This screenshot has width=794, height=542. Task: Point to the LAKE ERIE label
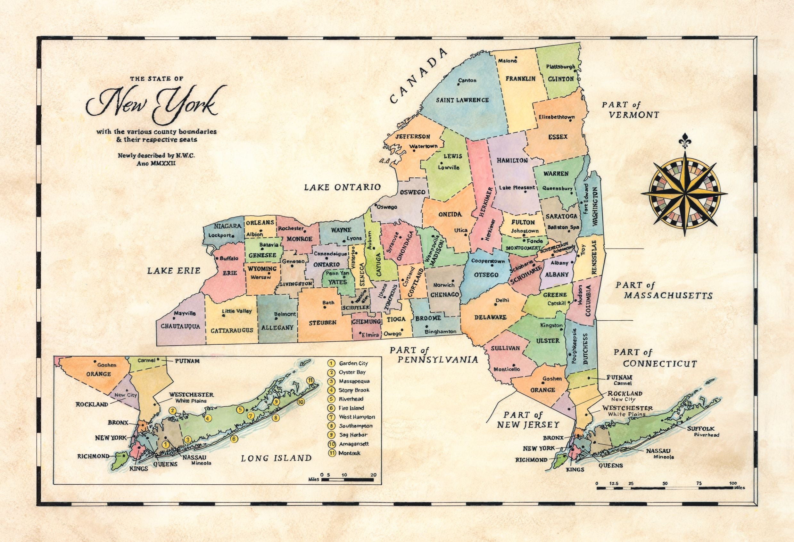(x=174, y=271)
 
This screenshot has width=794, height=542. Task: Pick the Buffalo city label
(x=229, y=259)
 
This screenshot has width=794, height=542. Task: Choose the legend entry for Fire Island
(x=351, y=408)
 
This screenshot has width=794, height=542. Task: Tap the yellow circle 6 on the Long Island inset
(x=234, y=439)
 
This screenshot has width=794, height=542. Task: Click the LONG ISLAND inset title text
(x=276, y=458)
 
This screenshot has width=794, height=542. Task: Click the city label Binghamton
(x=441, y=331)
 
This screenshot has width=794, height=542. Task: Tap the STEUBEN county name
(x=323, y=322)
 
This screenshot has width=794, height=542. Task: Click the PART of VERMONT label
(x=630, y=110)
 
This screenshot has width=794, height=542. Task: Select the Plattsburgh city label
(x=561, y=67)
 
